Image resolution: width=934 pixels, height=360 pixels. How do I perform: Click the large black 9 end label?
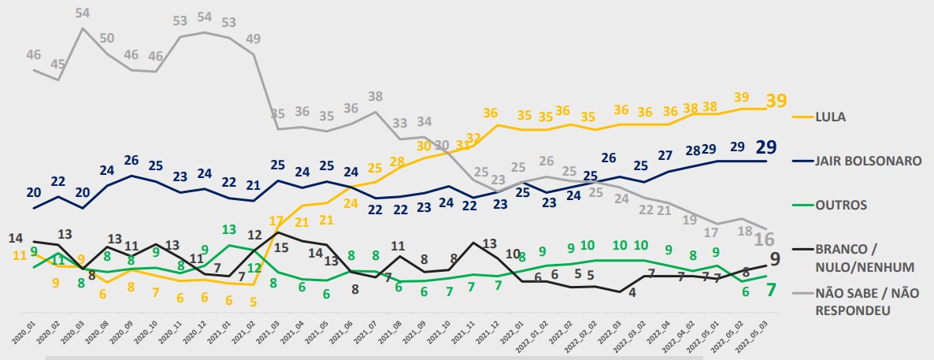[x=775, y=258]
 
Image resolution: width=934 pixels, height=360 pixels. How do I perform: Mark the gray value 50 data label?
[x=107, y=39]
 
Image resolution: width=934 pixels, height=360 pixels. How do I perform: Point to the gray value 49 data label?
[x=254, y=39]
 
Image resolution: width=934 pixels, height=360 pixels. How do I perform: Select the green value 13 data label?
[x=228, y=229]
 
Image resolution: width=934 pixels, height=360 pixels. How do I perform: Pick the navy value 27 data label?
[x=665, y=155]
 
